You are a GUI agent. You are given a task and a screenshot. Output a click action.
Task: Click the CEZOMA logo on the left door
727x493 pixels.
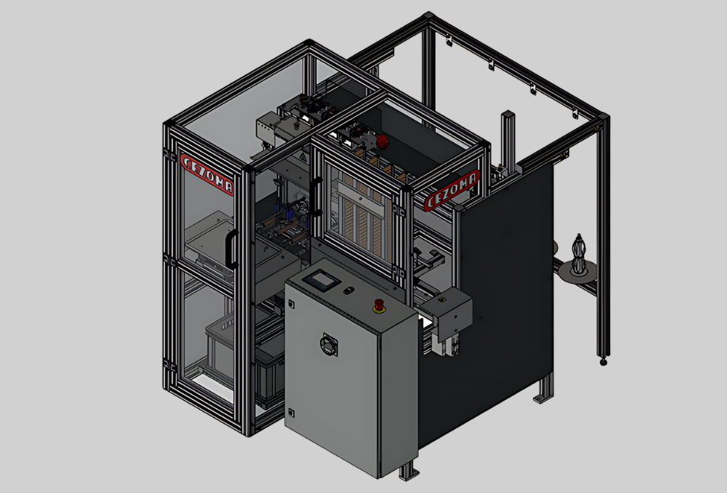pos(207,175)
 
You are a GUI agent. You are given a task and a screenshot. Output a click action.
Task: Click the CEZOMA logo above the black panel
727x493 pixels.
pos(451,190)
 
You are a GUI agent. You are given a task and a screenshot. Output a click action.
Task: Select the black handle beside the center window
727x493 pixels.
pos(316,197)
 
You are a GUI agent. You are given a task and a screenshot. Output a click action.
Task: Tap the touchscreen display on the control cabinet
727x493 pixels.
pos(322,280)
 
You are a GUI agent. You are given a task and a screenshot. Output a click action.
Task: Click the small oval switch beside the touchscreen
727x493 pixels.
pos(348,291)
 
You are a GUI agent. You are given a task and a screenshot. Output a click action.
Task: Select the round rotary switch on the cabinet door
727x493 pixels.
pos(329,344)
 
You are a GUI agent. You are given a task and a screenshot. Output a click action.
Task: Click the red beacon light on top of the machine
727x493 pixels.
pos(382,141)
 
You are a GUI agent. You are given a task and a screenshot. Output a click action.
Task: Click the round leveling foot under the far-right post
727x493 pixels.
pos(603,361)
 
